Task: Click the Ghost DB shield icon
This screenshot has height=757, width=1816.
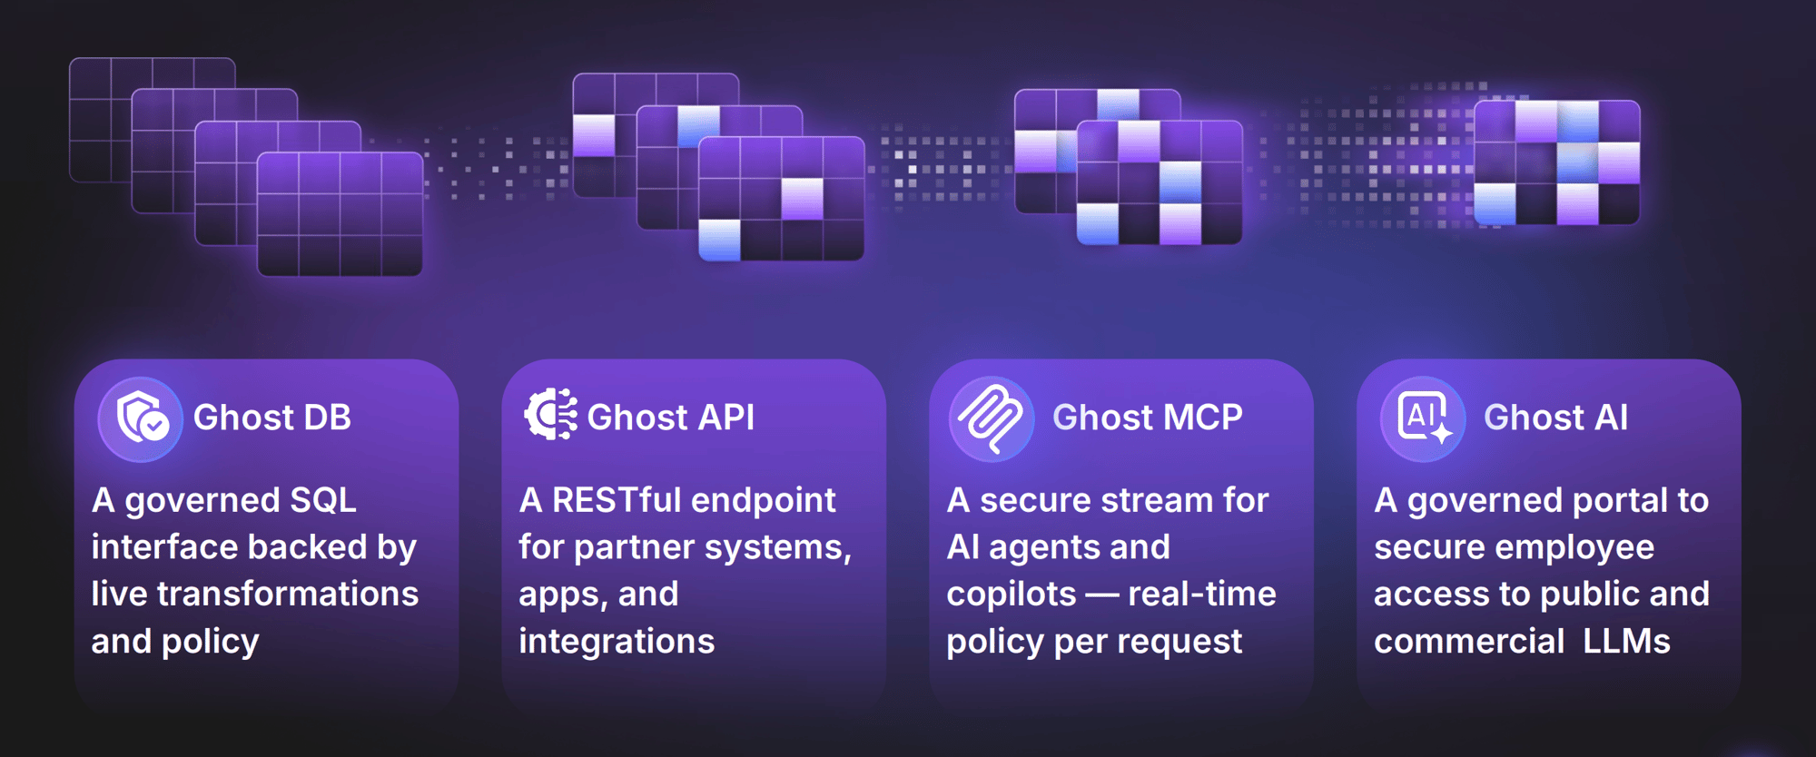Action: pos(141,418)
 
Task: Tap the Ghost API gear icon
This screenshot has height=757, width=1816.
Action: pos(551,415)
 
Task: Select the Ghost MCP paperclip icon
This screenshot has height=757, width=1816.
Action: pos(992,418)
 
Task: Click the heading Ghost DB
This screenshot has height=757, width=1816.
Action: pos(272,418)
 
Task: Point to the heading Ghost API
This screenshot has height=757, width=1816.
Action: pos(671,418)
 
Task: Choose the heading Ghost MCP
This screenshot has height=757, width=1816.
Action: pos(1148,418)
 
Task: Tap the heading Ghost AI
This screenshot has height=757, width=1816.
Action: pos(1556,418)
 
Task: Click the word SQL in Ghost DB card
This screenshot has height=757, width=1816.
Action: pos(323,500)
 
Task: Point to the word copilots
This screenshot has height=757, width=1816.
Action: pos(1012,595)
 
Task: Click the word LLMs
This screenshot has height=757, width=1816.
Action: pos(1626,642)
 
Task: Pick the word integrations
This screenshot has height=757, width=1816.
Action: pos(617,642)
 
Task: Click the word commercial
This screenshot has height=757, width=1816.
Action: pos(1469,642)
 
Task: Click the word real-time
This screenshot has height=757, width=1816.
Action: pos(1202,595)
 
